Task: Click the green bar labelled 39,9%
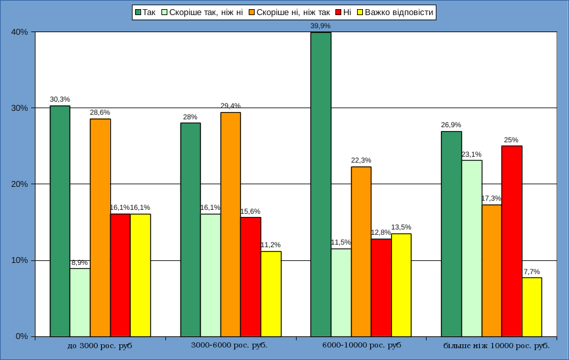(x=321, y=184)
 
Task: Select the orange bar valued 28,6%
(x=100, y=227)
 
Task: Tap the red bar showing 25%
(x=512, y=241)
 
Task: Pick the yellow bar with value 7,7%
(x=532, y=307)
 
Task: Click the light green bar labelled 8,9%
(x=80, y=302)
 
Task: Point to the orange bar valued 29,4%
(x=230, y=224)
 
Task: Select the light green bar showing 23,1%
(x=472, y=248)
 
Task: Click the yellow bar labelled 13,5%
(x=401, y=285)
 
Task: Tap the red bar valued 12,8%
(x=381, y=287)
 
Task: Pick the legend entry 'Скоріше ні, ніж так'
(x=293, y=12)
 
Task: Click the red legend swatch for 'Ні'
(x=339, y=12)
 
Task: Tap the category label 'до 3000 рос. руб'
(x=100, y=345)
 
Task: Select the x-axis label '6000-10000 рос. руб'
(x=362, y=345)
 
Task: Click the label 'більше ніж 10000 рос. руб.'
(x=496, y=345)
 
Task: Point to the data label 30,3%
(x=60, y=99)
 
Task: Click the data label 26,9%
(x=452, y=125)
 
